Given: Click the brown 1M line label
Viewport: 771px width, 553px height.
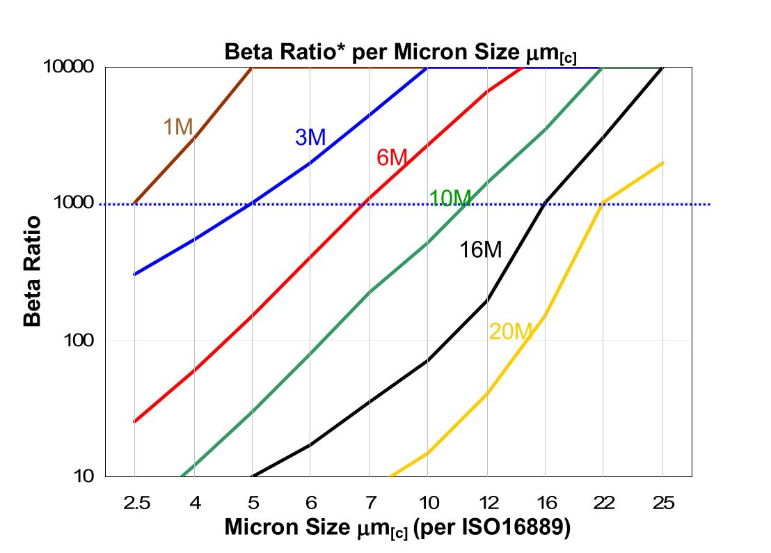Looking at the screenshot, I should (x=177, y=127).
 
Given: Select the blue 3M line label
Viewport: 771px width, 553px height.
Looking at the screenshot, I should (x=310, y=137).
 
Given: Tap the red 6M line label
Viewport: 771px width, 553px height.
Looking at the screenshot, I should (x=391, y=158).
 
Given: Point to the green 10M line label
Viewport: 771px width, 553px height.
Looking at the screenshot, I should (x=450, y=198).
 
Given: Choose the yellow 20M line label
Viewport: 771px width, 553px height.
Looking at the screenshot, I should (x=510, y=332).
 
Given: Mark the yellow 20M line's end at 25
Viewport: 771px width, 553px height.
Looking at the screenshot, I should (x=663, y=163).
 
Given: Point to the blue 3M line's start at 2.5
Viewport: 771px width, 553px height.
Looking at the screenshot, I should (x=134, y=274).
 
